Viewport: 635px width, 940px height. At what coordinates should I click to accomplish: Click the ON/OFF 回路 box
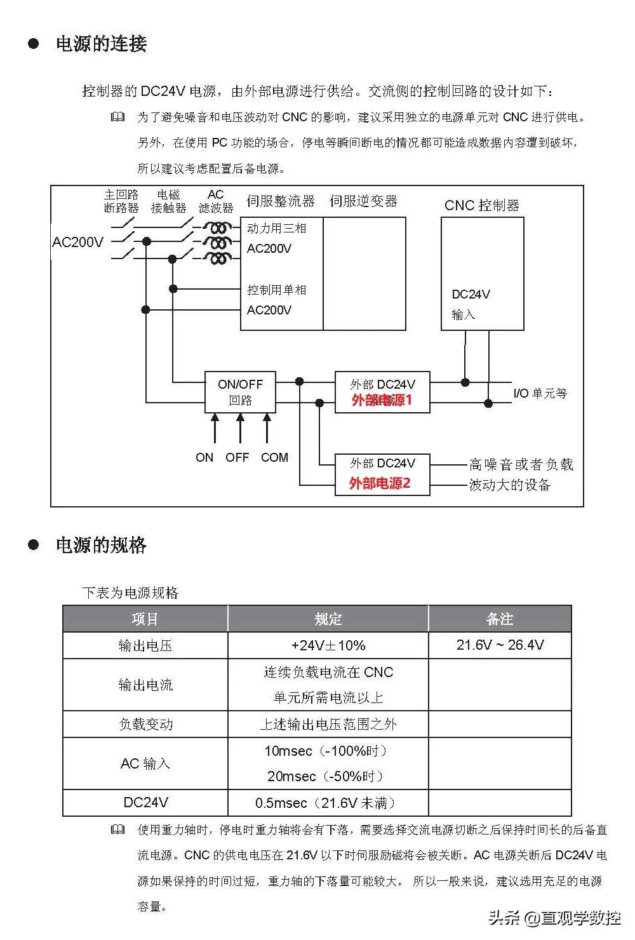tap(240, 392)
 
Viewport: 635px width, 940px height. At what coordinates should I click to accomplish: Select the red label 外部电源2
tap(380, 483)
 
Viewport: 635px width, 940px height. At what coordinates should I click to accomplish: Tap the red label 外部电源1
tap(382, 400)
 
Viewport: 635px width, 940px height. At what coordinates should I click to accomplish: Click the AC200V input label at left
tap(77, 242)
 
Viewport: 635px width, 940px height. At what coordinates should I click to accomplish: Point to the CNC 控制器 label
tap(481, 206)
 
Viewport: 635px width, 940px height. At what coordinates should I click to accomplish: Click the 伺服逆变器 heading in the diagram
tap(363, 201)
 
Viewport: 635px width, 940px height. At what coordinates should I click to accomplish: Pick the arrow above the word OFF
tap(240, 427)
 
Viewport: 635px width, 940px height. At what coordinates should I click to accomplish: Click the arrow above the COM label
tap(267, 427)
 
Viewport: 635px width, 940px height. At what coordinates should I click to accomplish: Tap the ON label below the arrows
tap(204, 457)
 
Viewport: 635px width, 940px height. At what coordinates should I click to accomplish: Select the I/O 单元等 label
tap(540, 393)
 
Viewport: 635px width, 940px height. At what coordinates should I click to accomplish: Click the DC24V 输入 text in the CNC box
tap(471, 304)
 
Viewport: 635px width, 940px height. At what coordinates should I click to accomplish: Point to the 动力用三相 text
tap(277, 229)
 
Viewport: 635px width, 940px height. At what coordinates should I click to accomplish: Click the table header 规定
tap(328, 619)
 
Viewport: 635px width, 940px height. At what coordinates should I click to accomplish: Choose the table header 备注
tap(499, 619)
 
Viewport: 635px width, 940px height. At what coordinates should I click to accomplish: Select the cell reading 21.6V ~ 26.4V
tap(500, 645)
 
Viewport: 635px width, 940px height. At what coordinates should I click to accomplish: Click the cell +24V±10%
tap(328, 645)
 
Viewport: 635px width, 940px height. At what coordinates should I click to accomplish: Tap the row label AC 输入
tap(145, 763)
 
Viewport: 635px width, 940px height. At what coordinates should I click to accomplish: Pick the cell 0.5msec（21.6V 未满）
tap(328, 803)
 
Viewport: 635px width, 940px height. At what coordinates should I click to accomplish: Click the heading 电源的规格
tap(102, 545)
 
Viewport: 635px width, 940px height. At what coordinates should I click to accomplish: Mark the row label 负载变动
tap(145, 724)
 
